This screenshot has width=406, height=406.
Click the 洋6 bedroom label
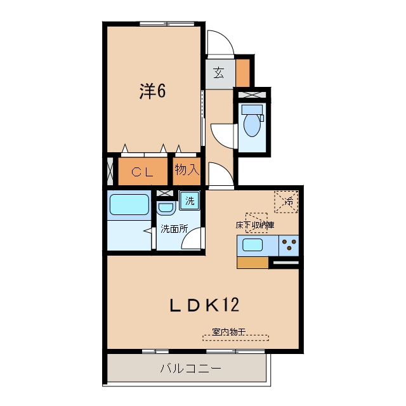(152, 91)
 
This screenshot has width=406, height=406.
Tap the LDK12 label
(204, 304)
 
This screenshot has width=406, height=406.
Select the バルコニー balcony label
(191, 368)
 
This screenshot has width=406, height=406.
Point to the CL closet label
(142, 172)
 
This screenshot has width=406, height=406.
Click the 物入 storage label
(187, 169)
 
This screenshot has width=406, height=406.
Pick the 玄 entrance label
(219, 73)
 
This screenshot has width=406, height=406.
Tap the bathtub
(129, 204)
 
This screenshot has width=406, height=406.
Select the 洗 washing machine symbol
(190, 200)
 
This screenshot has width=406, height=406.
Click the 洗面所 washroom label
(174, 228)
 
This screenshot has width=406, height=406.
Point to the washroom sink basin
(166, 207)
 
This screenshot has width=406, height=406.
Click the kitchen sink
(252, 245)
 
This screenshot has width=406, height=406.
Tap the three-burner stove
(289, 246)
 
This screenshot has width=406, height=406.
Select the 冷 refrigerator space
(286, 202)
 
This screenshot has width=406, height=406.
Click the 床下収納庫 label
(255, 225)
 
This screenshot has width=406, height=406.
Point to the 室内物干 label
(228, 331)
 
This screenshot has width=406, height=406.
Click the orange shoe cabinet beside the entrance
(243, 73)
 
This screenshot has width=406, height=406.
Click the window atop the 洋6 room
(167, 24)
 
